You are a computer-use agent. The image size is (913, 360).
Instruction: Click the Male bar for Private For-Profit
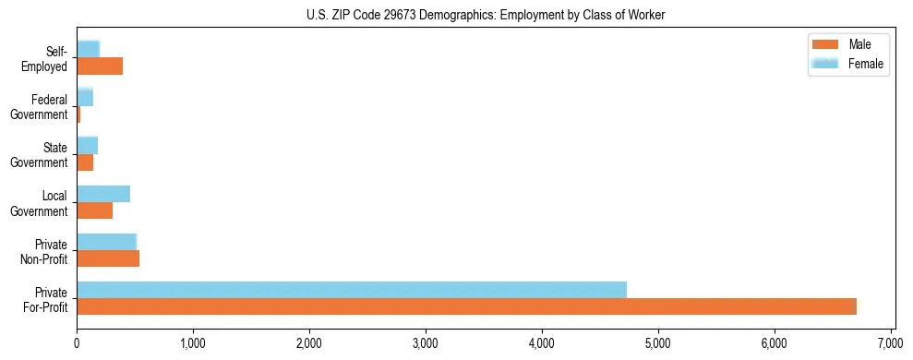tap(466, 306)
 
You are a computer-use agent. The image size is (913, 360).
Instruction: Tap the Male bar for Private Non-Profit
tap(108, 258)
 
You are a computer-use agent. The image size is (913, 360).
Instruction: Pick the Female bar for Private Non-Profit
tap(106, 242)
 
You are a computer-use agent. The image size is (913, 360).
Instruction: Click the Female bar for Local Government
tap(103, 194)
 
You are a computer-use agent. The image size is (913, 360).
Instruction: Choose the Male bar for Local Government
tap(94, 210)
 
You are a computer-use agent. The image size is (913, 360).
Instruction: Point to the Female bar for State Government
tap(87, 145)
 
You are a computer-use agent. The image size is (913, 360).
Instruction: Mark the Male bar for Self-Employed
tap(100, 66)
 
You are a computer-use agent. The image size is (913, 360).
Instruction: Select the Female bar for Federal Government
tap(85, 97)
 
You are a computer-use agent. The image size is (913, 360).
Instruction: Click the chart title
tap(485, 15)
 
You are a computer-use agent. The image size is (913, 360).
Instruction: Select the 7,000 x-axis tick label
tap(891, 343)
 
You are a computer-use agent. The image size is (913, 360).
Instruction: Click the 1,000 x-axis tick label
tap(193, 343)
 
